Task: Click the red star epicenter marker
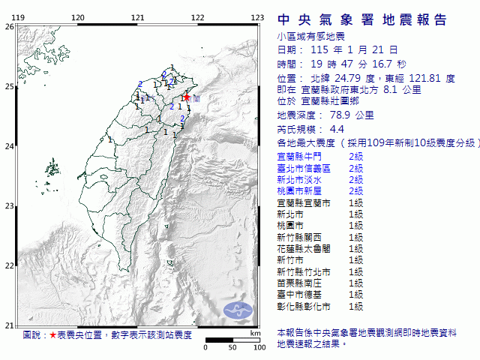[185, 97]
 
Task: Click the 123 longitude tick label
[256, 17]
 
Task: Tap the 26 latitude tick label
[8, 27]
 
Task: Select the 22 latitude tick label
[8, 265]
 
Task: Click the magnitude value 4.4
[326, 129]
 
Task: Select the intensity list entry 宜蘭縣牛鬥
[298, 157]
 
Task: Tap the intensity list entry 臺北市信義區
[301, 169]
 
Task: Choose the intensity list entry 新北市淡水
[298, 180]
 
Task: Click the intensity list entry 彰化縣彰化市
[301, 306]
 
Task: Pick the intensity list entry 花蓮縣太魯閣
[301, 249]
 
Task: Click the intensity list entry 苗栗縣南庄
[298, 283]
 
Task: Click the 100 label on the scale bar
[259, 347]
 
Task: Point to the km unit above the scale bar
[255, 332]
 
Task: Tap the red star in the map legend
[52, 334]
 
